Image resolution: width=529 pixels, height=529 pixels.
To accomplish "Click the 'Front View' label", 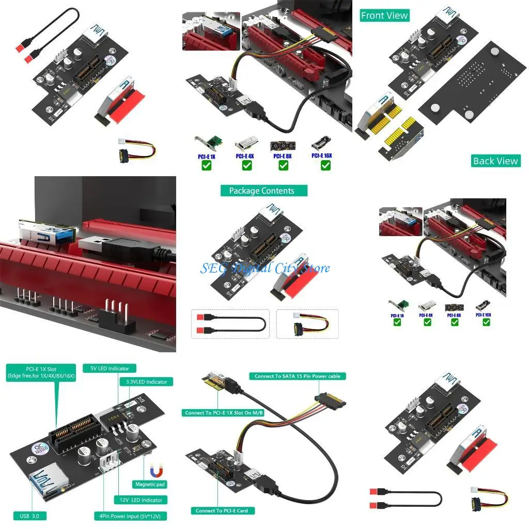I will point(384,15).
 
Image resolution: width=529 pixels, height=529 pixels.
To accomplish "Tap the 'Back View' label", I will point(495,161).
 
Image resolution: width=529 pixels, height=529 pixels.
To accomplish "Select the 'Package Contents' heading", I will point(261,191).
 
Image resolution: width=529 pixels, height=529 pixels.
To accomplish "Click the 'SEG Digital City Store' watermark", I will point(265,268).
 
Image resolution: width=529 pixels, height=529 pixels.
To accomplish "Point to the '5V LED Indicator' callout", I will point(110,368).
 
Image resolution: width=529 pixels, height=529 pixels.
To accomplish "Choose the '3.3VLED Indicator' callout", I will point(146,382).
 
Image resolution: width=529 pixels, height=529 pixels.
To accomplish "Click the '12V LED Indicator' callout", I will point(140,500).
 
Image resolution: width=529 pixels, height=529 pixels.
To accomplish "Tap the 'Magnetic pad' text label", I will point(150,484).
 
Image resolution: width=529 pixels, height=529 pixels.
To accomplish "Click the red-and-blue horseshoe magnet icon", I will point(155,471).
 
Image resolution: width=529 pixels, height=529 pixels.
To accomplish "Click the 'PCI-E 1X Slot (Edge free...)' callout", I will point(41,372).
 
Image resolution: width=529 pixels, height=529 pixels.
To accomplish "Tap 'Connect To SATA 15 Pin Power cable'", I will point(297,376).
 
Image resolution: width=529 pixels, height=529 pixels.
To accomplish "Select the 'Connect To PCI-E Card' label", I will point(222,510).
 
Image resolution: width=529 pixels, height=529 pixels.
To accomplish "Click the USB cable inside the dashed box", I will point(230,324).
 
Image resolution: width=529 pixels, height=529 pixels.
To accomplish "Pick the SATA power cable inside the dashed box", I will point(307,324).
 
